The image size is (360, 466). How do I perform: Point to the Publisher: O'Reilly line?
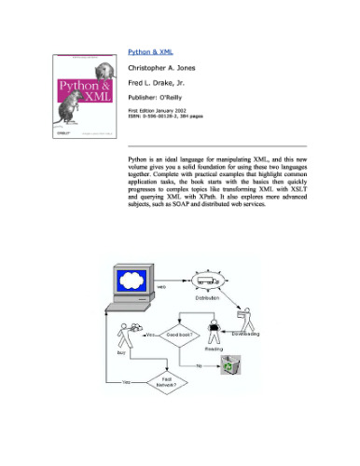click(162, 103)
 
